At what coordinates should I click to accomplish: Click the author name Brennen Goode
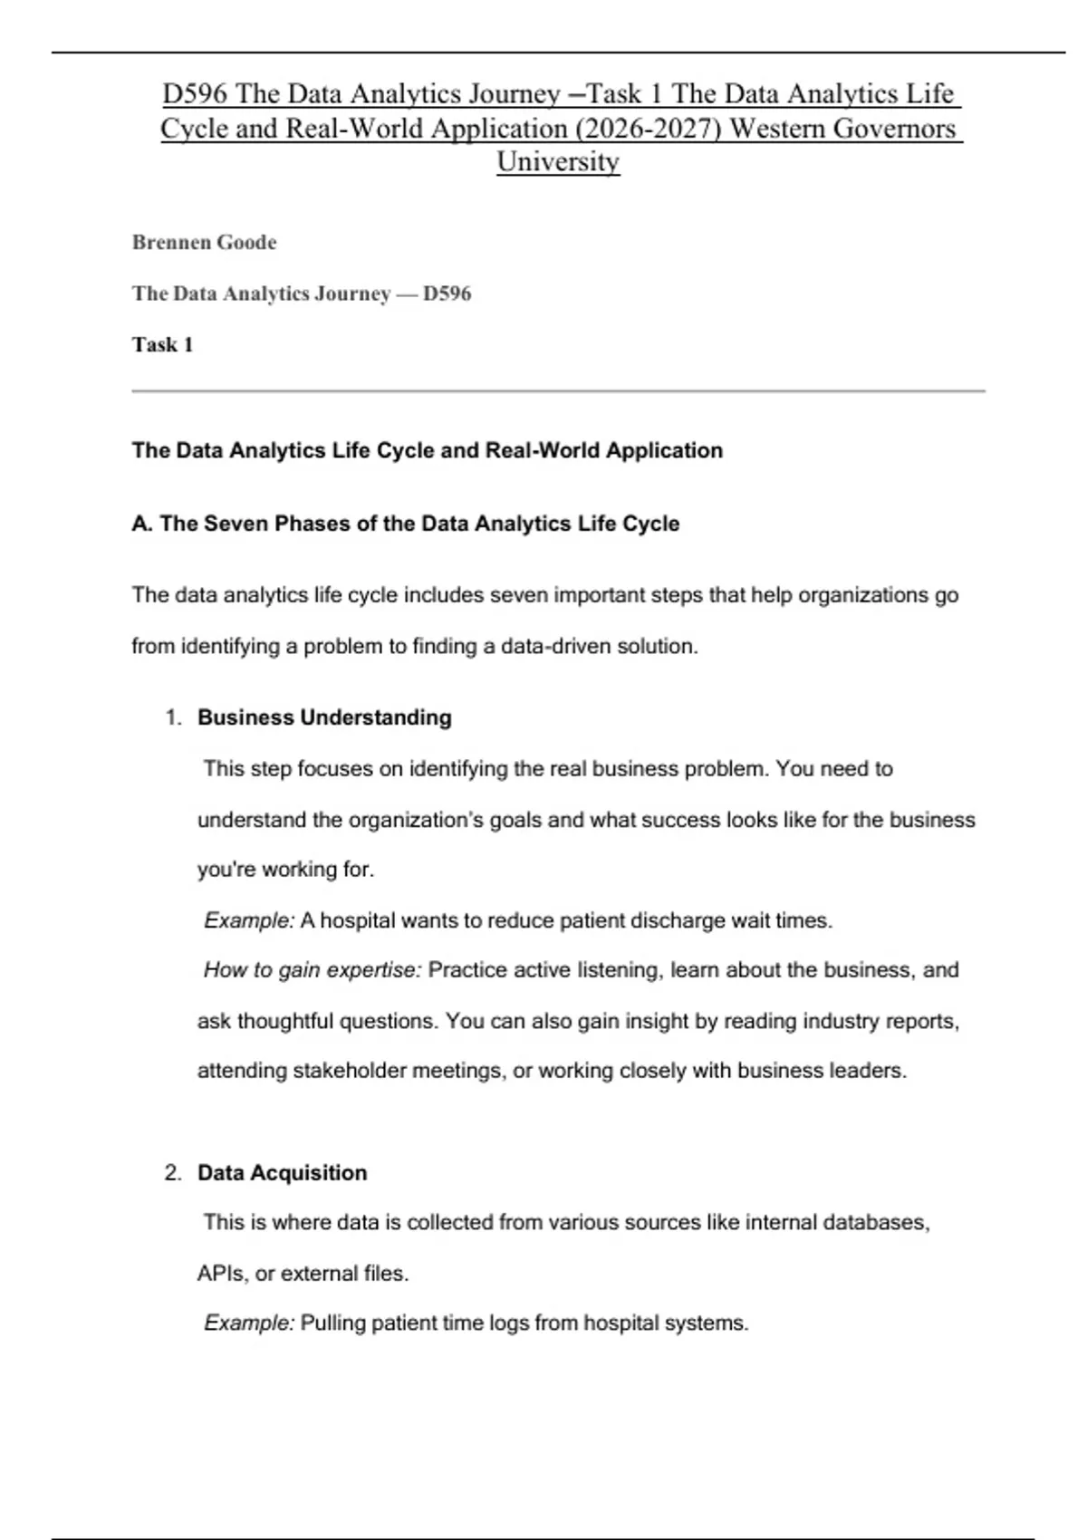click(x=204, y=243)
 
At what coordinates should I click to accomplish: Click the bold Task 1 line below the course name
click(x=162, y=344)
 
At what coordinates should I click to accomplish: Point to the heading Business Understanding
click(x=324, y=717)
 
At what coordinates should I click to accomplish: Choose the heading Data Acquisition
click(x=282, y=1172)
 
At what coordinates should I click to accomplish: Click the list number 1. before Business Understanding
click(x=173, y=717)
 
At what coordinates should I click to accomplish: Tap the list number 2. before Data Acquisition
click(x=173, y=1172)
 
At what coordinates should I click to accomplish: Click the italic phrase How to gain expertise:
click(x=313, y=970)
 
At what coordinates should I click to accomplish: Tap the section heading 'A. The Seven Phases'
click(x=405, y=524)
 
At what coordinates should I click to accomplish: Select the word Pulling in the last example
click(x=332, y=1323)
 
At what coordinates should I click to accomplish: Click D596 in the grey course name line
click(x=447, y=294)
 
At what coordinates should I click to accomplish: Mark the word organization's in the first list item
click(x=416, y=820)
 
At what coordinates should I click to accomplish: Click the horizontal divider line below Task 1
click(x=558, y=391)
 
